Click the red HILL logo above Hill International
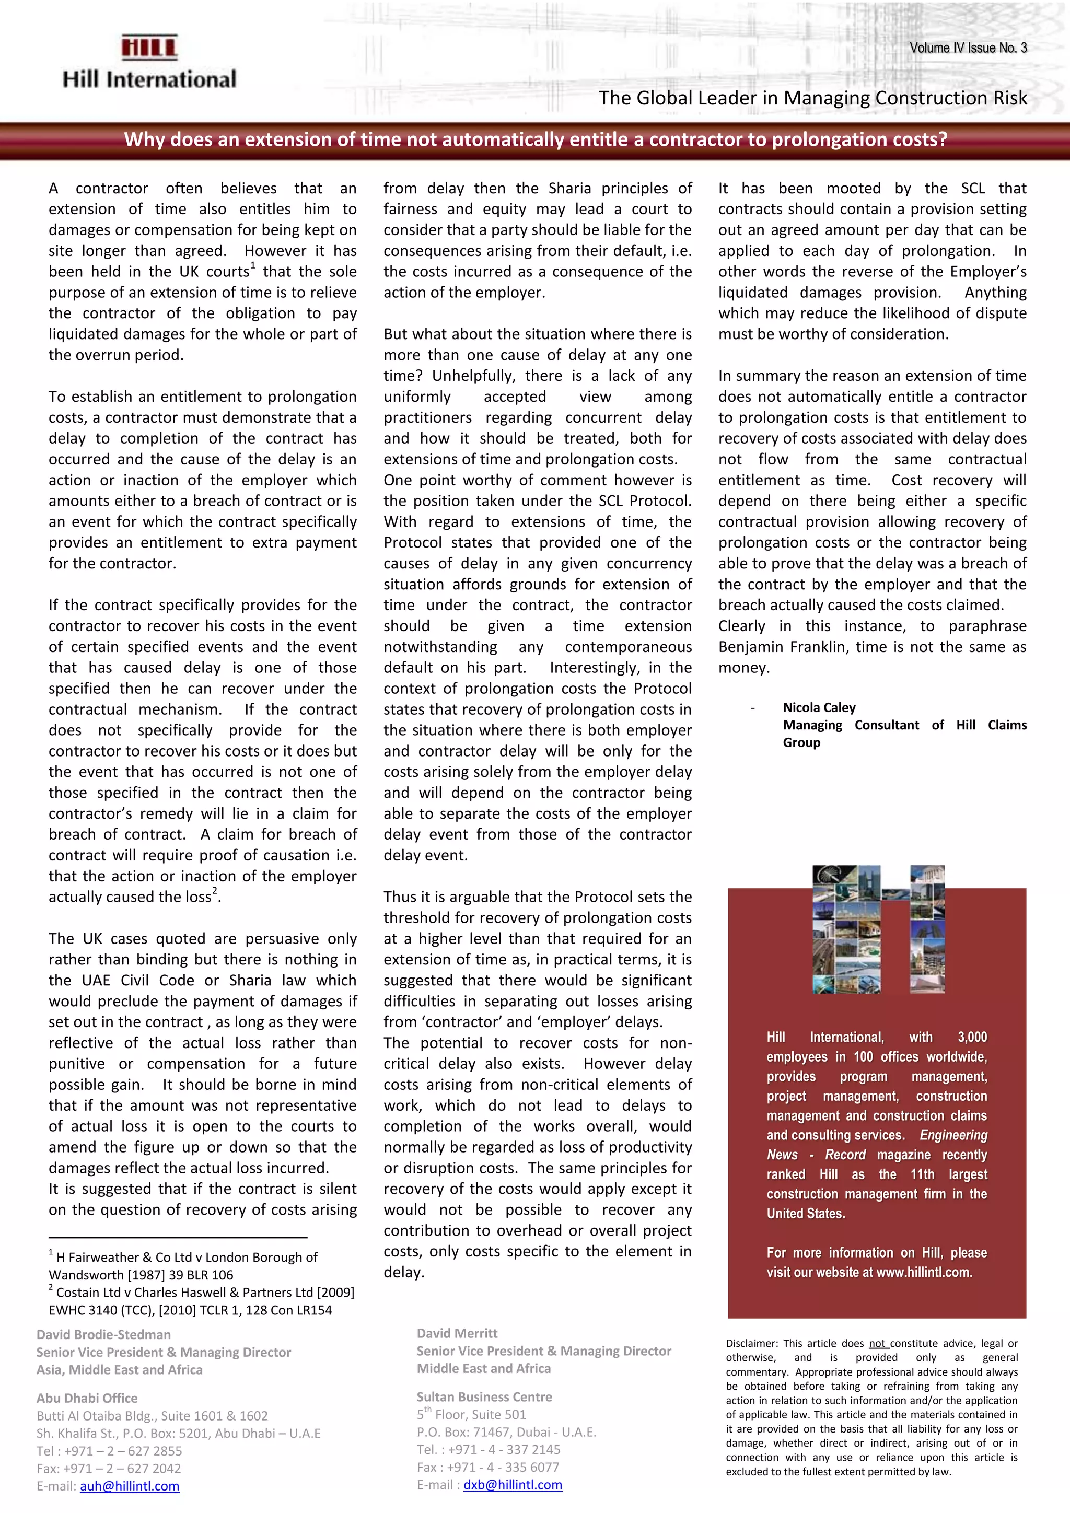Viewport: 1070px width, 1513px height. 149,48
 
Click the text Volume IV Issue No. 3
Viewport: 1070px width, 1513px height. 968,48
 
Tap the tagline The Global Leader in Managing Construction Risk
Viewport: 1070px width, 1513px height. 812,98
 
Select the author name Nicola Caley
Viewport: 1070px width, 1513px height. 819,708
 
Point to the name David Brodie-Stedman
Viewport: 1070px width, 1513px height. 103,1334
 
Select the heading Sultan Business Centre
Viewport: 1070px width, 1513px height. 484,1396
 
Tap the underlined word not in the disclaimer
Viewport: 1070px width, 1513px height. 877,1344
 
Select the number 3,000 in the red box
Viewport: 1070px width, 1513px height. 972,1037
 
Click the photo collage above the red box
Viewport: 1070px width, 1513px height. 879,929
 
